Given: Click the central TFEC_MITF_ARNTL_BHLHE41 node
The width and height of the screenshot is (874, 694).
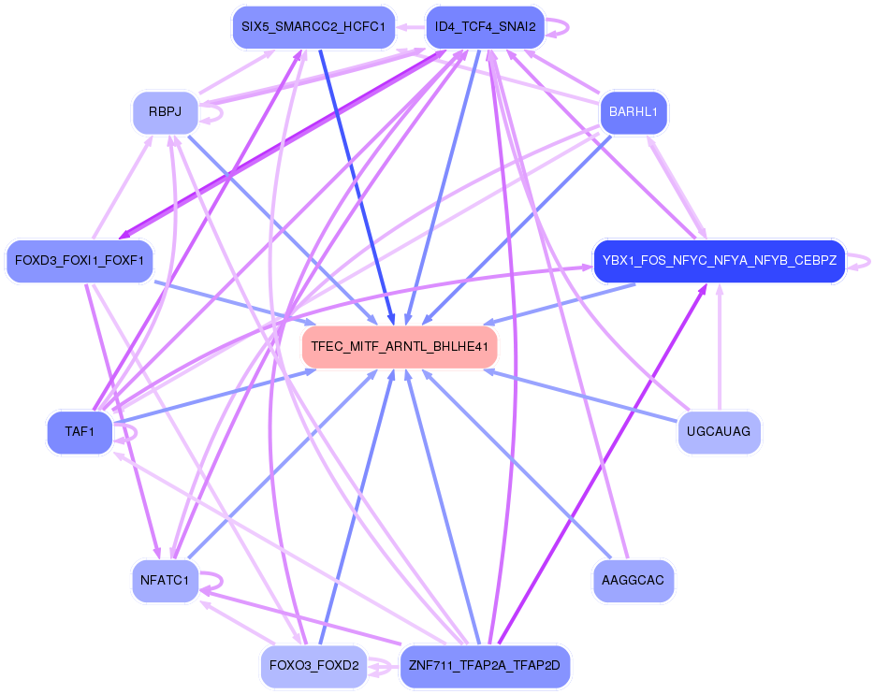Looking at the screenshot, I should (x=400, y=347).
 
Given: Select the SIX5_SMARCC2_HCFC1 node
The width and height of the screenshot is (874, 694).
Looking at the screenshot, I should (x=313, y=27).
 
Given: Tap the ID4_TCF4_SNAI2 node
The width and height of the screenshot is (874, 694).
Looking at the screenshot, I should (x=485, y=27).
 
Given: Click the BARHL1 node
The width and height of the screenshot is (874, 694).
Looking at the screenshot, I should (x=634, y=112).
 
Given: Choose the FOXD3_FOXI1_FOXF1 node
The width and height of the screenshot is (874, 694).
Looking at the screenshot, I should (x=79, y=261).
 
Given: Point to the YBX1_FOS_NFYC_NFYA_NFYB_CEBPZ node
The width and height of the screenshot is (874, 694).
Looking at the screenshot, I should (x=719, y=261).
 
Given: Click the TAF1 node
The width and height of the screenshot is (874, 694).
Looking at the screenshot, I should (x=80, y=432).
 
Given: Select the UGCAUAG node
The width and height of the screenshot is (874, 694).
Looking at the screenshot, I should (x=719, y=432).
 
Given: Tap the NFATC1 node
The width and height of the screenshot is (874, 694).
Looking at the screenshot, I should (x=165, y=581).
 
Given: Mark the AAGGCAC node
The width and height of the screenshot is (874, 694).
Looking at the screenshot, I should (x=634, y=581).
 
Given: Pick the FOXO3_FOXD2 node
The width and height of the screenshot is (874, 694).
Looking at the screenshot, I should (x=313, y=667).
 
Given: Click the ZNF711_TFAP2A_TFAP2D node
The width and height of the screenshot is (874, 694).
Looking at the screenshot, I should (x=485, y=667).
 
